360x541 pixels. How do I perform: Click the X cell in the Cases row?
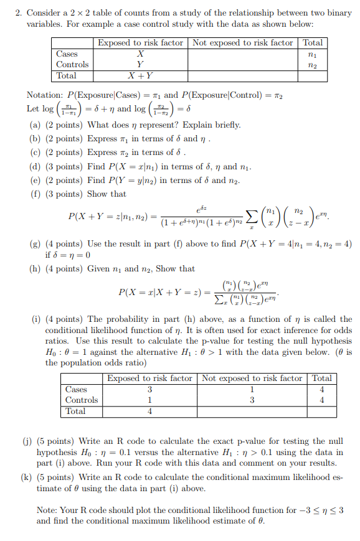click(140, 54)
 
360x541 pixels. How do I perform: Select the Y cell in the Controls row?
click(140, 65)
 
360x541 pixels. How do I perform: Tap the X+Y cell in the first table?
click(140, 76)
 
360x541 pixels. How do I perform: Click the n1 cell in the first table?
click(313, 54)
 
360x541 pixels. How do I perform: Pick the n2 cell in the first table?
click(313, 65)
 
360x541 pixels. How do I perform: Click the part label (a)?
click(35, 125)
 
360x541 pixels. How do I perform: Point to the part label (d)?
click(35, 166)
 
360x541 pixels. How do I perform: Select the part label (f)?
click(35, 194)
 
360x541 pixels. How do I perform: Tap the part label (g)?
click(35, 244)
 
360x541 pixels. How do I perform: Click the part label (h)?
click(35, 269)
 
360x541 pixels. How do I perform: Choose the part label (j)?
click(27, 441)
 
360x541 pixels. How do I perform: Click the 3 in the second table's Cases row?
click(149, 389)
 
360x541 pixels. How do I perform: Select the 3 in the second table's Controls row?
click(252, 400)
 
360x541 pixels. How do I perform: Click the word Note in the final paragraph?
click(47, 510)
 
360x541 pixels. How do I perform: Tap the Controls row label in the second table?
click(82, 400)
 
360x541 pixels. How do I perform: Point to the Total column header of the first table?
click(313, 42)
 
